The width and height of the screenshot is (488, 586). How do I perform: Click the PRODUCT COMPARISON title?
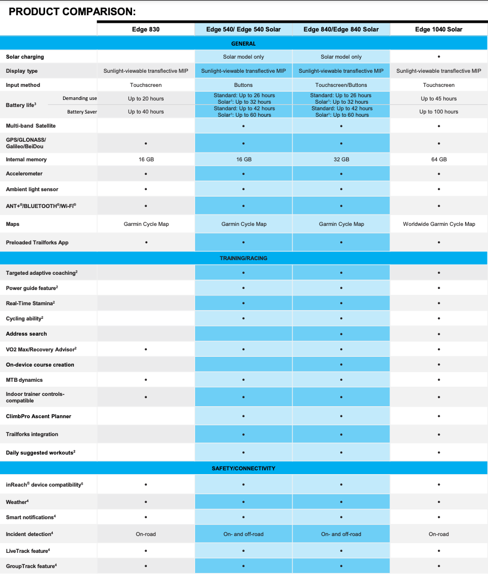(x=72, y=11)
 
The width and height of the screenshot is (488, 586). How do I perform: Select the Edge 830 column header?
(x=146, y=29)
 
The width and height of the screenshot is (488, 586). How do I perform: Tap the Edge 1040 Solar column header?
(x=439, y=29)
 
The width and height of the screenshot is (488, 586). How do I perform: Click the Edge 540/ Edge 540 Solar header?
(x=243, y=29)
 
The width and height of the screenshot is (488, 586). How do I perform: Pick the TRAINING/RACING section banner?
(x=243, y=259)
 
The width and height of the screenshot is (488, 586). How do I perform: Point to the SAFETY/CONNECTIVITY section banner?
(x=243, y=468)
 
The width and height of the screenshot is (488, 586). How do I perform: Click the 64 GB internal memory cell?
(x=439, y=160)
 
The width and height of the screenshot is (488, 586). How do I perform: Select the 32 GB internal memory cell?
(x=341, y=160)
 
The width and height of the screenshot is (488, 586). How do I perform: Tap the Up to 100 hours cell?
(x=439, y=112)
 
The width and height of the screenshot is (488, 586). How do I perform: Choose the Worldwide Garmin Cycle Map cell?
(x=439, y=224)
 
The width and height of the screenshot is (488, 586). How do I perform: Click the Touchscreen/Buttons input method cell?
(x=341, y=85)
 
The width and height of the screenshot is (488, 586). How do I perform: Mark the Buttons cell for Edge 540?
(x=243, y=85)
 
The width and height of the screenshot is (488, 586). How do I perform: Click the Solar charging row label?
(x=25, y=57)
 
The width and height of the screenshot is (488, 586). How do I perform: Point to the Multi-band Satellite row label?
(x=30, y=126)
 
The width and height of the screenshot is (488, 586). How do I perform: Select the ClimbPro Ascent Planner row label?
(x=39, y=417)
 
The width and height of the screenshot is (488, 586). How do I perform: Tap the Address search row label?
(x=26, y=334)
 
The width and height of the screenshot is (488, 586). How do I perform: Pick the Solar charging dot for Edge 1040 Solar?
(x=439, y=57)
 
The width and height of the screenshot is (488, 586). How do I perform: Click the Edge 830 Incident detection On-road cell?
(x=146, y=534)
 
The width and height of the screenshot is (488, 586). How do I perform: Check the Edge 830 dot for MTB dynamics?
(x=146, y=380)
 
